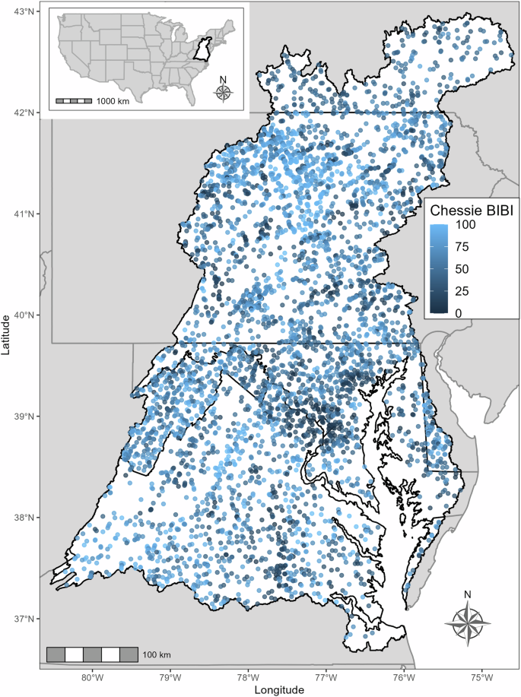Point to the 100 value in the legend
point(465,226)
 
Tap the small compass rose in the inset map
point(223,91)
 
